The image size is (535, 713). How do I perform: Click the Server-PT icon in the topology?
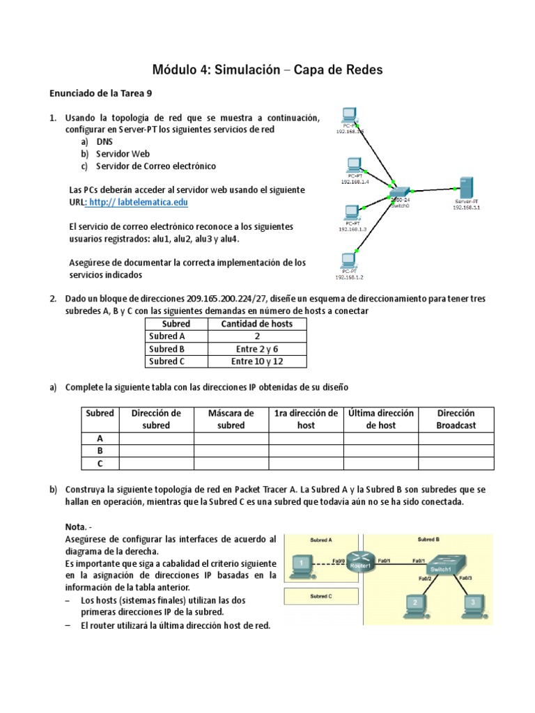tap(467, 188)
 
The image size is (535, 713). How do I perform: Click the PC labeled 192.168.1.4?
tap(355, 166)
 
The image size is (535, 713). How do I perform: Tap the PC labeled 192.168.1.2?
tap(346, 262)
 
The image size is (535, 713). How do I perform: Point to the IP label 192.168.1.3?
tap(352, 228)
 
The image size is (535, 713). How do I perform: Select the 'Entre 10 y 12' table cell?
tap(257, 361)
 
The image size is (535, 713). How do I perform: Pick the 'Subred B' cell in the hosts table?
tap(167, 349)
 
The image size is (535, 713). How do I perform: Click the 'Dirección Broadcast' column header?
tap(456, 418)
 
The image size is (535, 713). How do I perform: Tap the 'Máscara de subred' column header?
tap(231, 418)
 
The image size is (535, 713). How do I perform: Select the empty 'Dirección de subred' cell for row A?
tap(156, 438)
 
